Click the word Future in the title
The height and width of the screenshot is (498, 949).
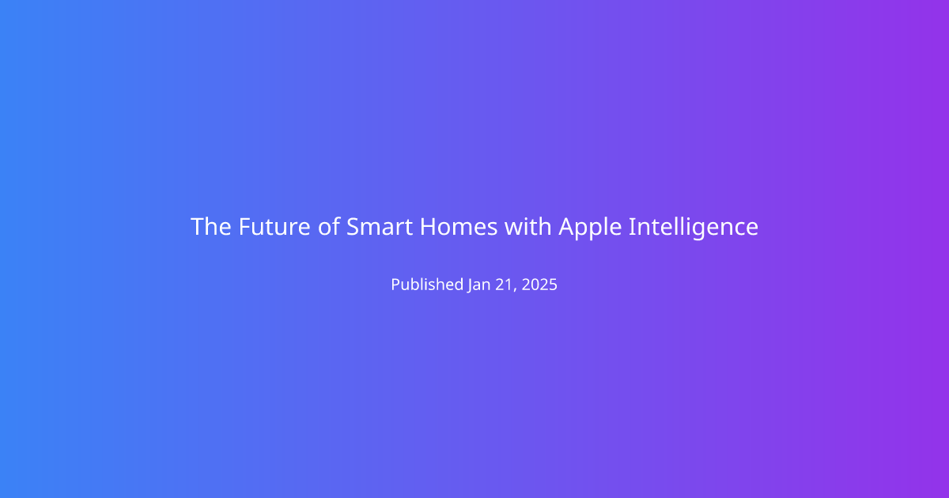click(x=274, y=227)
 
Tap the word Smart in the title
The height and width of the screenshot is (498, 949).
click(x=380, y=227)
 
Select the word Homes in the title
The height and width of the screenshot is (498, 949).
click(x=459, y=227)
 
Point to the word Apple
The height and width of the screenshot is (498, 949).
click(x=590, y=228)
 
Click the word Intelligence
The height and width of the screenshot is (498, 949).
click(x=694, y=228)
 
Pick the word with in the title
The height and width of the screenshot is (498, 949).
click(x=528, y=226)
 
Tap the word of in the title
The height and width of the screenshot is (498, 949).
click(x=329, y=226)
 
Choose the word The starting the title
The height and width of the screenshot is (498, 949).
click(x=211, y=227)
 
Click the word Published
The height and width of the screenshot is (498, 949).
click(x=427, y=285)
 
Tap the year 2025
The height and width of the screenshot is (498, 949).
click(x=539, y=285)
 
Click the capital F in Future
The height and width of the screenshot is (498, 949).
click(x=244, y=227)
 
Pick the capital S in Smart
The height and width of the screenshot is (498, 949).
click(x=353, y=227)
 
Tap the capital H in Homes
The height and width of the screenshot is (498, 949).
click(x=428, y=227)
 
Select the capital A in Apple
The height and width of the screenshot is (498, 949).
click(x=567, y=227)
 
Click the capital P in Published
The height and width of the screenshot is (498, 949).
click(x=395, y=285)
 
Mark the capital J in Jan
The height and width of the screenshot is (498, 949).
click(x=471, y=286)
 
